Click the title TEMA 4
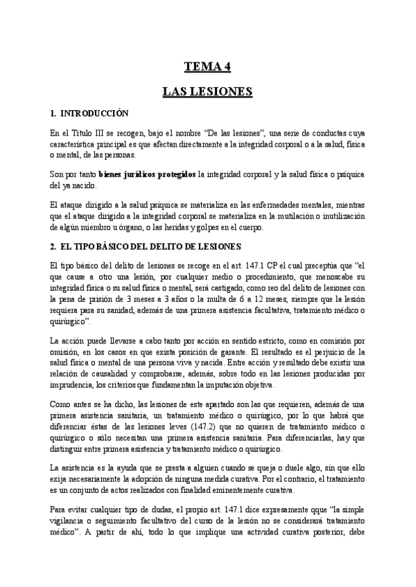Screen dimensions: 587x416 207,66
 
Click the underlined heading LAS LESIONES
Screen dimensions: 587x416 207,91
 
